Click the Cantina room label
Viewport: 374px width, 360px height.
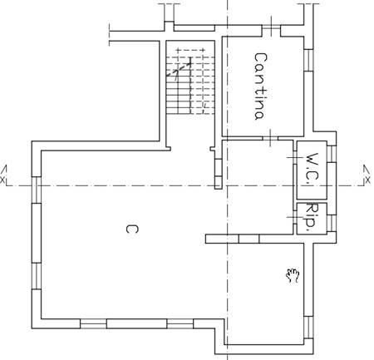[x=260, y=86]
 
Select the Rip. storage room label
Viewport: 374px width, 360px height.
[x=312, y=217]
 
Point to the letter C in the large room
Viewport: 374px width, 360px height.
[x=132, y=229]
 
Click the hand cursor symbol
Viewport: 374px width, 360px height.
[x=293, y=276]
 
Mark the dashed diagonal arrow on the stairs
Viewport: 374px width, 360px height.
[x=179, y=69]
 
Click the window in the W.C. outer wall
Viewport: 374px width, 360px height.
[x=332, y=154]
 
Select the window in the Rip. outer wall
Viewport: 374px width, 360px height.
[x=332, y=224]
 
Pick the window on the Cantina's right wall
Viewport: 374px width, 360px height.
[x=308, y=60]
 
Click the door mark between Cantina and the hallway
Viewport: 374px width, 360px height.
[x=270, y=138]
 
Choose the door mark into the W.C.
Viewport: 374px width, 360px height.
[x=295, y=157]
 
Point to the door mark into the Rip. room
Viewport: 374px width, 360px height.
[x=295, y=217]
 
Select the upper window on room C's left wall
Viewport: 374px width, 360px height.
[x=37, y=190]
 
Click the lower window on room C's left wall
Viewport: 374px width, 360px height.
[x=37, y=276]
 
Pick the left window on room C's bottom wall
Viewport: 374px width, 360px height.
[x=93, y=323]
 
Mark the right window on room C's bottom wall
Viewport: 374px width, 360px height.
[x=180, y=323]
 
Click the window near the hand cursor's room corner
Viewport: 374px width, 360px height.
[x=308, y=328]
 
